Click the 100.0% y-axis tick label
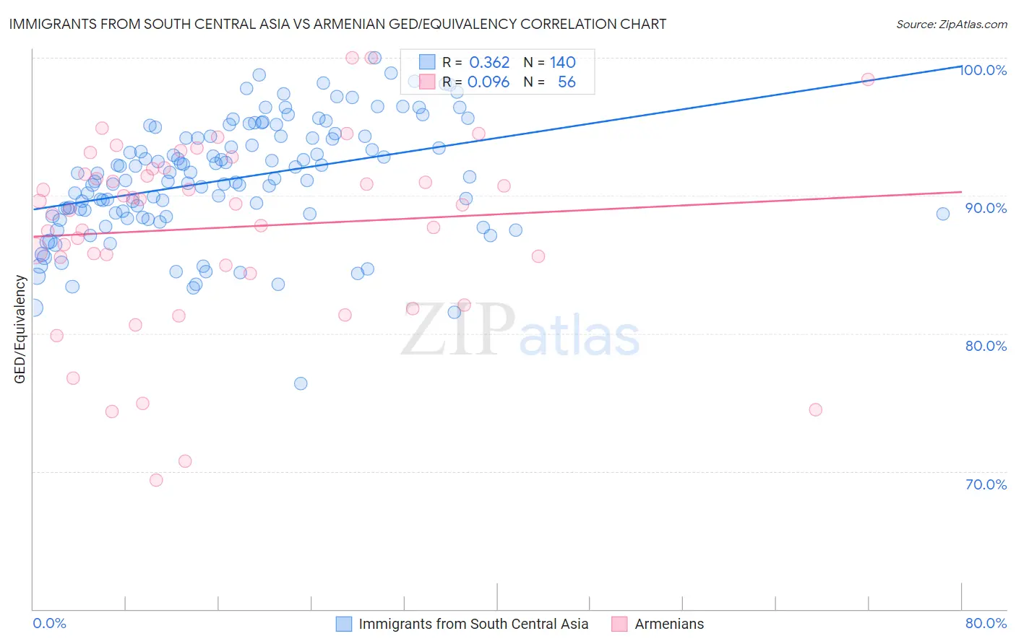pos(983,70)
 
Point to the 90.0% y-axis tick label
pos(986,208)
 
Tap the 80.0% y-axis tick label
pos(986,346)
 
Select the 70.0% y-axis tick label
pos(986,484)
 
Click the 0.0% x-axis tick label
pos(49,623)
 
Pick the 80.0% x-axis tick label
pos(986,623)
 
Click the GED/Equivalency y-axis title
pos(20,329)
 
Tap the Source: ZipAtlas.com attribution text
pos(951,24)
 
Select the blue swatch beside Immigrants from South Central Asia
pos(344,624)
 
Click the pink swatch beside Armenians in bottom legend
pos(619,624)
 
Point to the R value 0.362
pos(489,63)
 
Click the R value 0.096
pos(488,82)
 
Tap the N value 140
pos(562,63)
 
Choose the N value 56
pos(567,82)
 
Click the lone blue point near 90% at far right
pos(942,214)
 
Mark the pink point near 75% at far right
pos(815,409)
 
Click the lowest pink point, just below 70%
pos(156,480)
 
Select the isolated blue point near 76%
pos(301,383)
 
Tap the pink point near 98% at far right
pos(868,79)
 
